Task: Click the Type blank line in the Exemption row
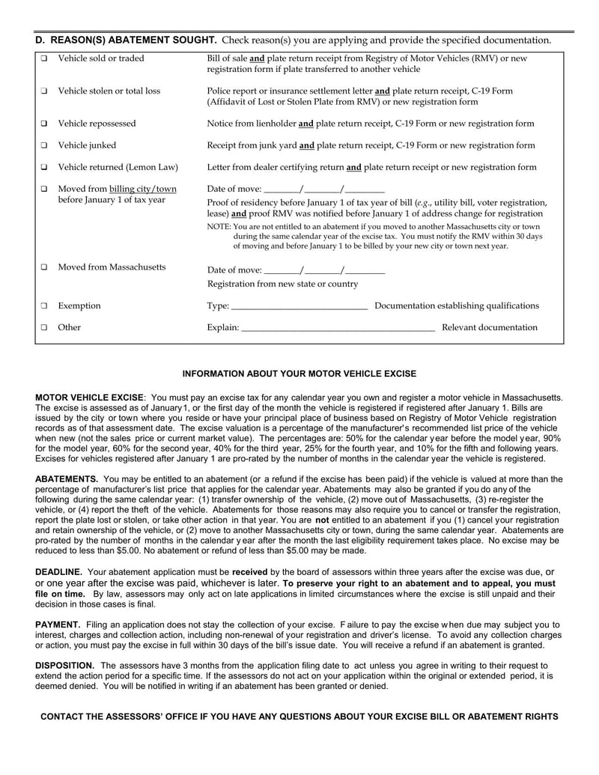point(299,306)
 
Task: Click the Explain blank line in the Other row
point(338,328)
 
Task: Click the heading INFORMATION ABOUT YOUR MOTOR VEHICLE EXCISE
point(299,373)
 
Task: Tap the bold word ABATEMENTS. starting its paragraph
point(67,478)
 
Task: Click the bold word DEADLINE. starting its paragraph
point(59,571)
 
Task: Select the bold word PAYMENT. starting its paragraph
point(58,624)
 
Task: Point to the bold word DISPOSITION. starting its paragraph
point(65,665)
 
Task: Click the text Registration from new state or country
point(282,285)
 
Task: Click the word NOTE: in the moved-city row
point(218,226)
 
